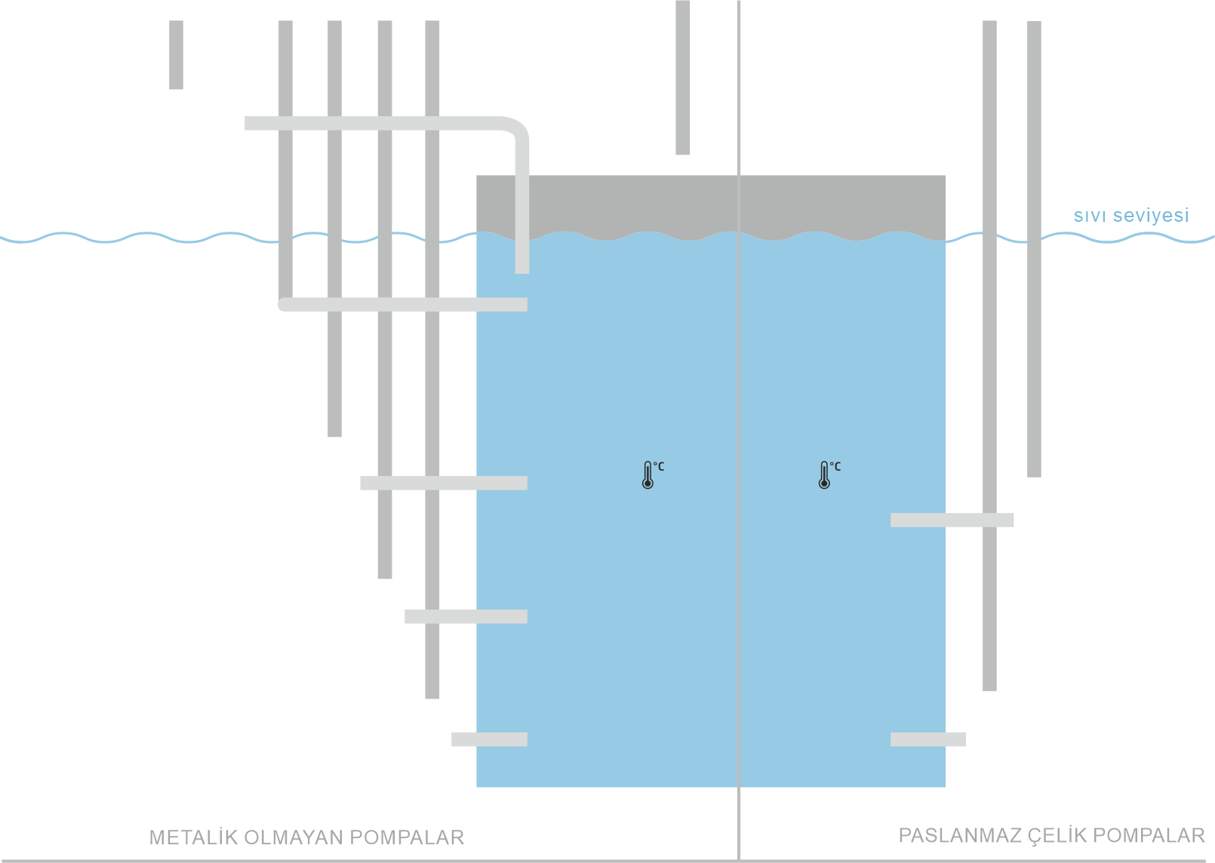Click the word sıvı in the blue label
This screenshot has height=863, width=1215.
click(x=1090, y=216)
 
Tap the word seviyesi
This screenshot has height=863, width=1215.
click(x=1150, y=216)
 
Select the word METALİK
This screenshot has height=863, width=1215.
click(x=193, y=837)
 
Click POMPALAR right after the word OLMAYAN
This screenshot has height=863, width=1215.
click(x=407, y=837)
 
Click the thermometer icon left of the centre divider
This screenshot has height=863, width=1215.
click(x=648, y=475)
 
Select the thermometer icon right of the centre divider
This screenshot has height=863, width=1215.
click(x=825, y=475)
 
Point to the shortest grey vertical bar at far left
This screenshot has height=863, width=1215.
click(x=176, y=54)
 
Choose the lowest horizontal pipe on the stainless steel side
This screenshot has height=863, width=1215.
click(x=927, y=739)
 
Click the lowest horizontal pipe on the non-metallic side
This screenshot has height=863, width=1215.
click(x=489, y=739)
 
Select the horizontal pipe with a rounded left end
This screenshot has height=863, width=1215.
click(x=402, y=305)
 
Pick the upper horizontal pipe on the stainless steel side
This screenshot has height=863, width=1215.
click(x=952, y=520)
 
